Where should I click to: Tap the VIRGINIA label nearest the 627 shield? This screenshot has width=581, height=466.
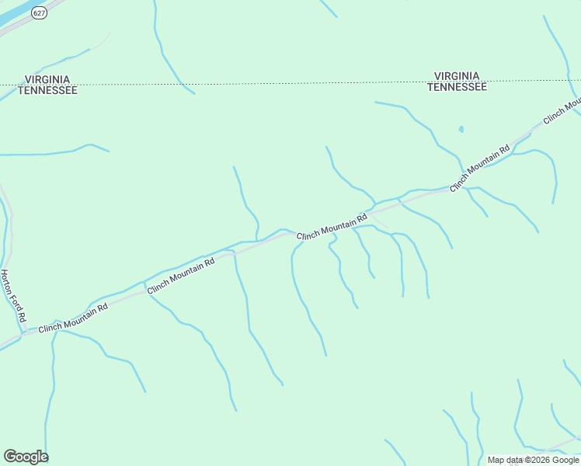click(x=47, y=79)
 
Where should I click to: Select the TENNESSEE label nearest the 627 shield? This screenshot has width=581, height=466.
click(x=47, y=90)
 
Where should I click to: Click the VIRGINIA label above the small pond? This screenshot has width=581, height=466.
click(x=457, y=76)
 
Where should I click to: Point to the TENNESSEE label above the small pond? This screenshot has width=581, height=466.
click(x=457, y=87)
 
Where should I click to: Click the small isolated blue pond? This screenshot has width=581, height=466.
click(x=461, y=129)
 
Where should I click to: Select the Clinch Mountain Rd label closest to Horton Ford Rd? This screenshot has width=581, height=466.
click(x=73, y=317)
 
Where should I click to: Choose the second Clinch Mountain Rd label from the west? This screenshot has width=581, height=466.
click(x=181, y=275)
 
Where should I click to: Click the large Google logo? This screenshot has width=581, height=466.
click(x=26, y=457)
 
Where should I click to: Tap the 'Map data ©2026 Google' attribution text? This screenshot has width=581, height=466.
click(x=533, y=460)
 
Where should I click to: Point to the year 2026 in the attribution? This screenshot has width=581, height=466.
click(x=537, y=460)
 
